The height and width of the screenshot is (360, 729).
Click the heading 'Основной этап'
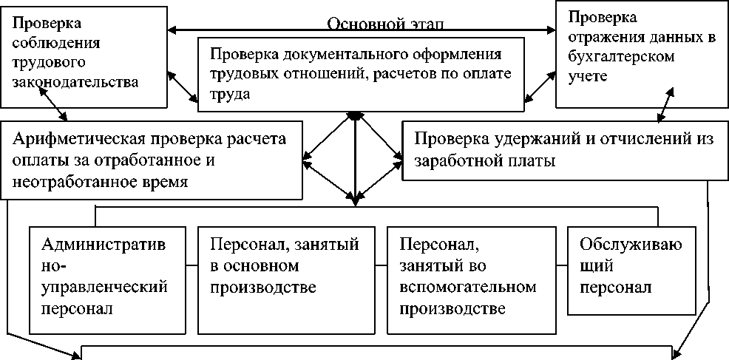click(x=386, y=23)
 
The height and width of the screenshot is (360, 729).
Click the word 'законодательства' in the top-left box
click(x=75, y=81)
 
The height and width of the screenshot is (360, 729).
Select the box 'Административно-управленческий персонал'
click(x=106, y=276)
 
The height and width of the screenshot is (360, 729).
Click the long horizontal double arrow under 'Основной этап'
click(x=362, y=31)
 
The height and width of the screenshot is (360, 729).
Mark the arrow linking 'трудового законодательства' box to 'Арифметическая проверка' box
click(x=54, y=103)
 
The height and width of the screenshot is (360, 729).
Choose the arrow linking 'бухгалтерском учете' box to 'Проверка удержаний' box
click(x=664, y=103)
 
